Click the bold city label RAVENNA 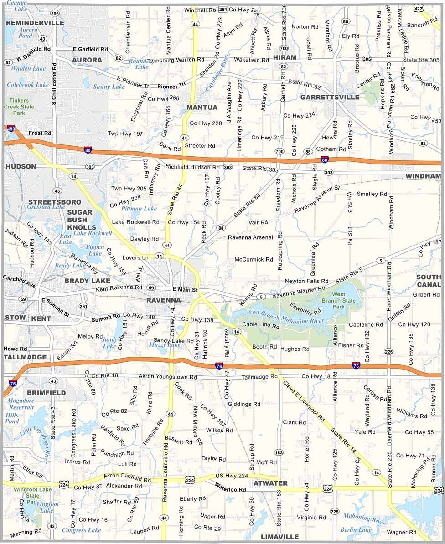point(164,300)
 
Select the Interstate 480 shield point(10,129)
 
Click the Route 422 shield point(418,8)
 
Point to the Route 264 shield point(222,9)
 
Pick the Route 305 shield point(367,59)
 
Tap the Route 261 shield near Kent point(83,307)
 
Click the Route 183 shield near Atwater point(279,452)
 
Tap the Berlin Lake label point(356,529)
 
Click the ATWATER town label point(270,483)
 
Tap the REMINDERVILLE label point(35,22)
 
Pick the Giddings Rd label point(244,404)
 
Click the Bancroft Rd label point(422,24)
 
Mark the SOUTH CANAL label point(429,281)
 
